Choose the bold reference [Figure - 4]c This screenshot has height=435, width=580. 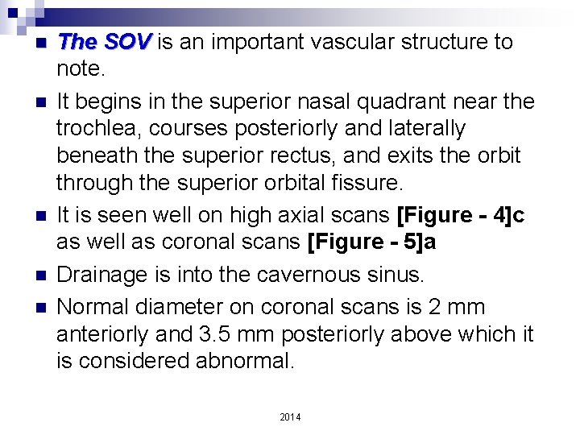460,216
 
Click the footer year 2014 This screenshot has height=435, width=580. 289,417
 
